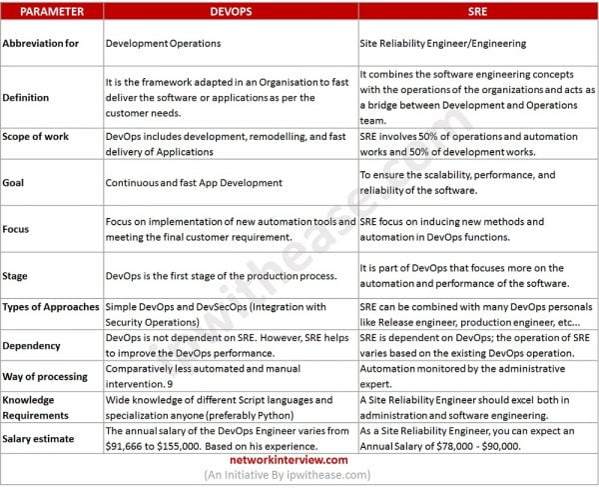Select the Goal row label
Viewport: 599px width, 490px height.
coord(18,183)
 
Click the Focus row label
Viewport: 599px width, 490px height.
coord(21,227)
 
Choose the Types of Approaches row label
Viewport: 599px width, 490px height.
coord(52,307)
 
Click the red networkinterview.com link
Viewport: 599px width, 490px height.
coord(299,461)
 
